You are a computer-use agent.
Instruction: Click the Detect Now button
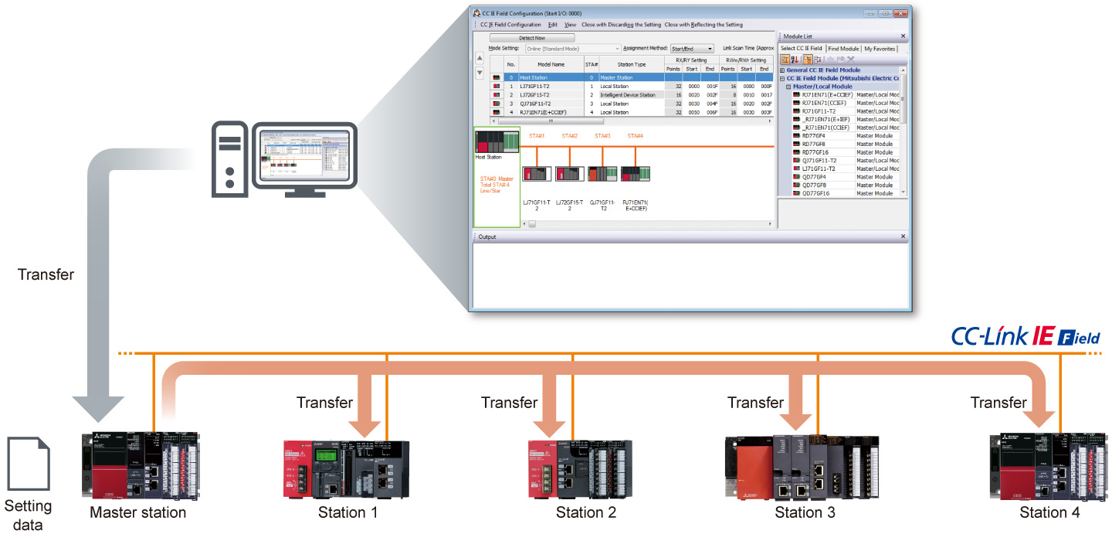pos(532,37)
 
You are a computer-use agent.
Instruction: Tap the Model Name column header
pos(551,64)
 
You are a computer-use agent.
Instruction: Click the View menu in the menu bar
pos(570,25)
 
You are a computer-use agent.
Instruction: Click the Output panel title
pos(487,236)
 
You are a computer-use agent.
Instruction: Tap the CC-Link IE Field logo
pos(1025,336)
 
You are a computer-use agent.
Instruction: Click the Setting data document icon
pos(28,464)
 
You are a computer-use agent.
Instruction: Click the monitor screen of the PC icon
pos(304,154)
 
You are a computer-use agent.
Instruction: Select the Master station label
pos(137,512)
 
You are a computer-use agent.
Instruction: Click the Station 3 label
pos(805,512)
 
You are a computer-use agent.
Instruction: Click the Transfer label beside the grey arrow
pos(46,274)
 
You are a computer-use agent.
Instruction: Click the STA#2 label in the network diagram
pos(570,136)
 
